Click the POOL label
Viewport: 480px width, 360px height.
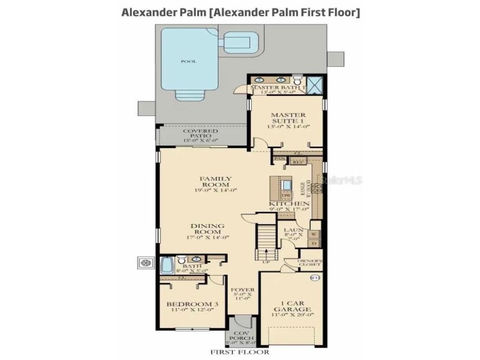coord(188,61)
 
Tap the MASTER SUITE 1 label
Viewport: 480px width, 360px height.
coord(288,118)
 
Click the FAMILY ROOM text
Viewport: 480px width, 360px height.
coord(216,181)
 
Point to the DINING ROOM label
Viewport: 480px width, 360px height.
coord(207,229)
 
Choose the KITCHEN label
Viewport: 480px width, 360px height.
coord(289,204)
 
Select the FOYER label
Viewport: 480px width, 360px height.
coord(243,290)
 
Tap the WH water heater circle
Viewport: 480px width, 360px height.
coord(315,278)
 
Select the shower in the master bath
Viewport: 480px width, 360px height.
coord(315,84)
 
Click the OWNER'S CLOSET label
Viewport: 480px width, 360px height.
coord(310,262)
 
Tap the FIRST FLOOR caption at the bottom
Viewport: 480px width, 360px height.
coord(240,352)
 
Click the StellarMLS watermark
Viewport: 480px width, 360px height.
coord(340,180)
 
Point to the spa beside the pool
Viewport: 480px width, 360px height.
coord(240,42)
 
